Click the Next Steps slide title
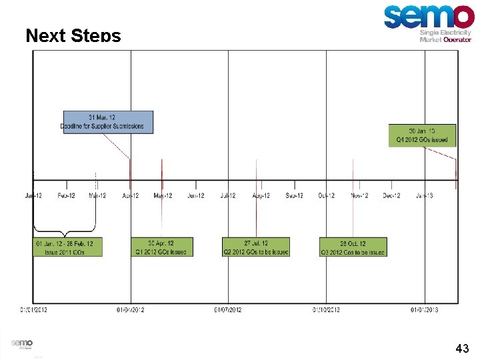[x=73, y=35]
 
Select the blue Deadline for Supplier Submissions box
[x=108, y=122]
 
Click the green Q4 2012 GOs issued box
[x=422, y=135]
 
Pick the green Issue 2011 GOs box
[x=68, y=247]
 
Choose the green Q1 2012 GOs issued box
[x=161, y=247]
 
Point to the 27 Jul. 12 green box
[x=256, y=247]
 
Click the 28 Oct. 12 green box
[x=353, y=247]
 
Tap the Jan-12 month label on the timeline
[x=33, y=195]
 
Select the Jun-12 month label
[x=195, y=195]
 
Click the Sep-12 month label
[x=294, y=195]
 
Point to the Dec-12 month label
[x=391, y=195]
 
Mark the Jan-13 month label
[x=424, y=195]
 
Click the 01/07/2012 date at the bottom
[x=228, y=309]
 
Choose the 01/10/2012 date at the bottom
[x=327, y=309]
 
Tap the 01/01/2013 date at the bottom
[x=425, y=309]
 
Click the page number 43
[x=462, y=348]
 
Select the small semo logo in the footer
[x=21, y=343]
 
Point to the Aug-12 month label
[x=261, y=195]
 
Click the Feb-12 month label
[x=66, y=195]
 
